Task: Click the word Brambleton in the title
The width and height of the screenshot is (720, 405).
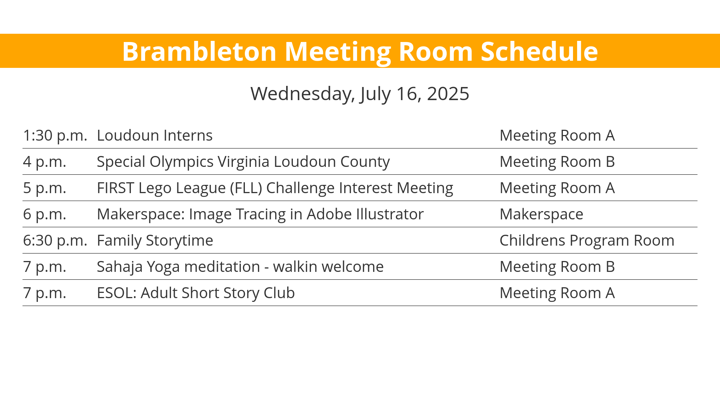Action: [199, 51]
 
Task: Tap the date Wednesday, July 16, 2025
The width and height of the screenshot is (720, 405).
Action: [360, 93]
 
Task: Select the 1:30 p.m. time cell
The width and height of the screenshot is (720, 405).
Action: [55, 135]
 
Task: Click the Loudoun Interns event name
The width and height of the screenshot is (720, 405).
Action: [155, 135]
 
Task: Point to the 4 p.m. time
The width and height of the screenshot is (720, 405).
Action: [45, 162]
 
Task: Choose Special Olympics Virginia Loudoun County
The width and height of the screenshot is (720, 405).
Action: [243, 162]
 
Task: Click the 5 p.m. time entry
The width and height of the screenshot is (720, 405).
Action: [45, 188]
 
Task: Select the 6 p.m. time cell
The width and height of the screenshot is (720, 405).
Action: [45, 214]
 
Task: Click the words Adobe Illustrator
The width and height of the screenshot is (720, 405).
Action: [365, 214]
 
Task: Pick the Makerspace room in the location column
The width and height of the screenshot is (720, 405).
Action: [541, 214]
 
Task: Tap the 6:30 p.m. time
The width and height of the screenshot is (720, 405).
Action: [55, 240]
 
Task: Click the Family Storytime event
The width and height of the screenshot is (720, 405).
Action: [155, 240]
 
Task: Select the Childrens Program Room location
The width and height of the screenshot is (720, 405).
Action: [587, 240]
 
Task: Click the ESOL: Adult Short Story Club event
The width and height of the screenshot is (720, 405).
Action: [196, 293]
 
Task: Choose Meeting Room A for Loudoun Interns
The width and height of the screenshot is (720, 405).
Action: [557, 135]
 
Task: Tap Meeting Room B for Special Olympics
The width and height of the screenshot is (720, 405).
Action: [557, 162]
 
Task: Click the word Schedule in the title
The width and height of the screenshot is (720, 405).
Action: [539, 51]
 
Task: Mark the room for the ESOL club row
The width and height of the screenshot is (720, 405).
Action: [557, 293]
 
